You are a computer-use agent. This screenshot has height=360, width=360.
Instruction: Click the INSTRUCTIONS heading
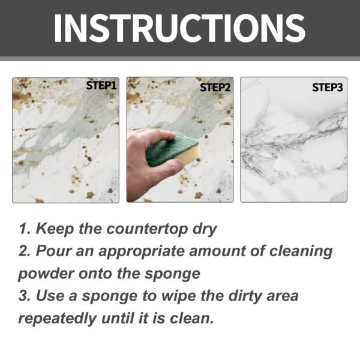pyautogui.click(x=179, y=27)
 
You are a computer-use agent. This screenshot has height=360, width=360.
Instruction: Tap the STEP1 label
pyautogui.click(x=101, y=86)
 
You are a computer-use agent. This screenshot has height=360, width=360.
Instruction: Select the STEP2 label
pyautogui.click(x=215, y=86)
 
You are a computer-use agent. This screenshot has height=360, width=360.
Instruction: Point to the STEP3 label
pyautogui.click(x=328, y=87)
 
